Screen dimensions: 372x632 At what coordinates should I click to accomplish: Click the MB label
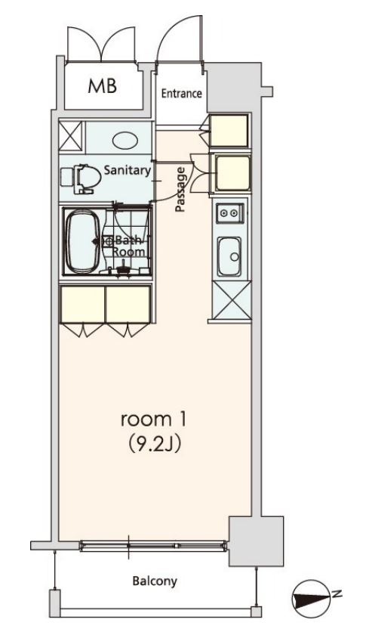pos(103,85)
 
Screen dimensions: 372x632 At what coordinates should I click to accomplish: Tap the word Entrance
pos(181,94)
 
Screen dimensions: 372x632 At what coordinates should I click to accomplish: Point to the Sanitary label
pos(127,169)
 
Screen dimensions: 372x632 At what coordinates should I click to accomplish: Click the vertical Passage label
pos(180,190)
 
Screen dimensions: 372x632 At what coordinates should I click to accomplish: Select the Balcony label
pos(155,581)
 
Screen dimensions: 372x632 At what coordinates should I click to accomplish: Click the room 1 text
pos(153,420)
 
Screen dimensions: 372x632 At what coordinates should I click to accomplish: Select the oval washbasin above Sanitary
pos(125,141)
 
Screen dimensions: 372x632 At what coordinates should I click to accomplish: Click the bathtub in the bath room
pos(83,241)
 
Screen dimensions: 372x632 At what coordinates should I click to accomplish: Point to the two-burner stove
pos(230,213)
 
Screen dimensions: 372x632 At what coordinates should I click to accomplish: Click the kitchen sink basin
pos(229,256)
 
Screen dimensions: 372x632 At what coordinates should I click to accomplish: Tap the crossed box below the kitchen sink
pos(231,300)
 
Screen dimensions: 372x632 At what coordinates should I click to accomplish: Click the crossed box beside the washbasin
pos(70,137)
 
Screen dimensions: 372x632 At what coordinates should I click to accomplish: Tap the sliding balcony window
pos(153,546)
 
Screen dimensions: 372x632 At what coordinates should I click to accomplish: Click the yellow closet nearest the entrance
pos(229,130)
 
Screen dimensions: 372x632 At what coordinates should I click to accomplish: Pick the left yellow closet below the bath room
pos(82,305)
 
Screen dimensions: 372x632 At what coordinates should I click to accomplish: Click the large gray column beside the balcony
pos(257,541)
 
